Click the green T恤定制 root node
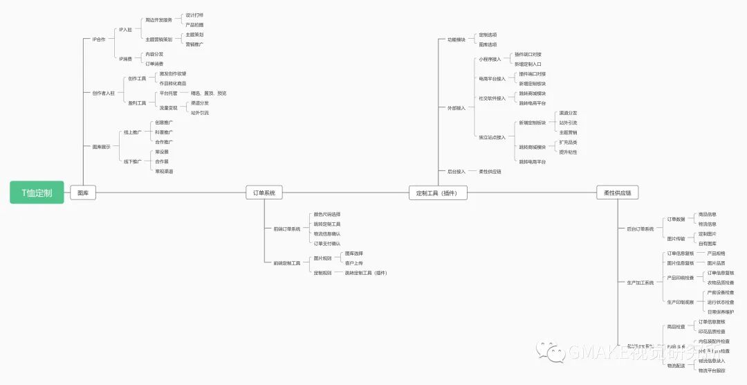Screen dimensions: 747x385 pos(37,192)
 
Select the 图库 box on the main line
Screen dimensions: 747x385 pos(82,192)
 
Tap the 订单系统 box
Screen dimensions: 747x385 pos(264,192)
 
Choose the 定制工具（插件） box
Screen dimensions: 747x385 pos(438,192)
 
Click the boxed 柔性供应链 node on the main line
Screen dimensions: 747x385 pos(618,192)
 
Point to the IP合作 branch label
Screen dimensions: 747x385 pos(99,39)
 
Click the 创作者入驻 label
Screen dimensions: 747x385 pos(103,93)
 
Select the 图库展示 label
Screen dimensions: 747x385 pos(101,147)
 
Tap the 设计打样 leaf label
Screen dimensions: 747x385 pos(194,15)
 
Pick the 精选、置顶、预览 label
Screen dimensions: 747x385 pos(208,93)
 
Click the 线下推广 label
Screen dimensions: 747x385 pos(132,161)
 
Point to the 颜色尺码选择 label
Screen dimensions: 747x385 pos(326,214)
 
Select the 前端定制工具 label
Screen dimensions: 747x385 pos(286,263)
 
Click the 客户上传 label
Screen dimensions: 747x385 pos(354,263)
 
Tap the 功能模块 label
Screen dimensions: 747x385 pos(456,39)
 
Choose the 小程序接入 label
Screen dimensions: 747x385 pos(490,59)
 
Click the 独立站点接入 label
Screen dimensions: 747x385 pos(492,137)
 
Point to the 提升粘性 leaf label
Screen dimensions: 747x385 pos(568,152)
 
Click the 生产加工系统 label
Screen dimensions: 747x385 pos(640,283)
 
